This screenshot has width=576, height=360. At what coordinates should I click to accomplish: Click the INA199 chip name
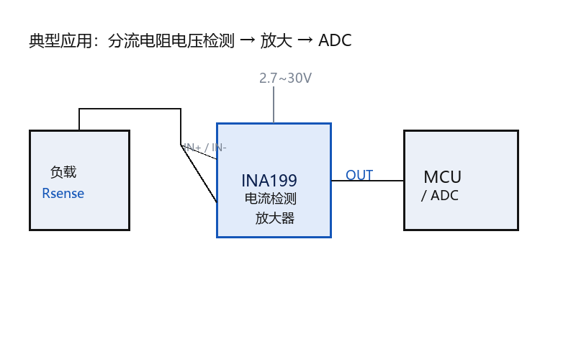coord(269,181)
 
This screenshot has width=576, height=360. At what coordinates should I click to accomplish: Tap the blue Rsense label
coord(63,193)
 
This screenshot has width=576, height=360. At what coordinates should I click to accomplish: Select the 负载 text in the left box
coord(63,172)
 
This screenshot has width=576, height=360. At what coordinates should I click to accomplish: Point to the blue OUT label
coord(359,175)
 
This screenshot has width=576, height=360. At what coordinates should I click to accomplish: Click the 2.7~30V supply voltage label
coord(285,78)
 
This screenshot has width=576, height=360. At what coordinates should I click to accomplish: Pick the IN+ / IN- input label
coord(205,148)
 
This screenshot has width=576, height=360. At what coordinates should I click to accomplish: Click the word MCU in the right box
coord(442,177)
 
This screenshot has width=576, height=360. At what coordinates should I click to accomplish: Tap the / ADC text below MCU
coord(440,195)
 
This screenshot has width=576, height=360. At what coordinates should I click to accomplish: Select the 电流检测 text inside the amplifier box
coord(271,199)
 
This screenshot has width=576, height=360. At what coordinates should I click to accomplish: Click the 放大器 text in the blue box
coord(275,218)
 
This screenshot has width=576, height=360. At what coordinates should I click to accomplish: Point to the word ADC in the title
coord(335,40)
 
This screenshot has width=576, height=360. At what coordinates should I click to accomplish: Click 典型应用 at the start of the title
coord(60,40)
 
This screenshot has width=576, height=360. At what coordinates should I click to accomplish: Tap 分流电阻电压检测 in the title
coord(171,40)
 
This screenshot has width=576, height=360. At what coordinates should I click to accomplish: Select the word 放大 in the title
coord(276,40)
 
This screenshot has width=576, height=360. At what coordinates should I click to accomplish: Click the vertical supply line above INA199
coord(274,104)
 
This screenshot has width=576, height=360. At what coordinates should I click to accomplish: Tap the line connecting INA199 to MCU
coord(367,181)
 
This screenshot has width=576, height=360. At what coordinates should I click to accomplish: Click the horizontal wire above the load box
coord(130,109)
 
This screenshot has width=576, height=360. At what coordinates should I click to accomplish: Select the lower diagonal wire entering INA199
coord(199,174)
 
